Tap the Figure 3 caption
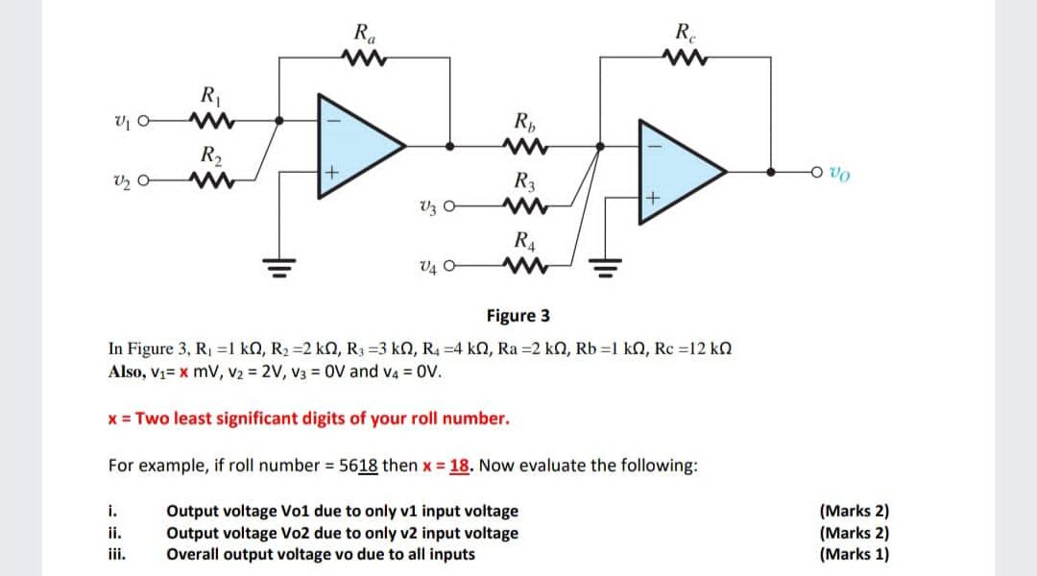click(x=518, y=315)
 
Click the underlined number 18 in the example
click(x=459, y=466)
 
